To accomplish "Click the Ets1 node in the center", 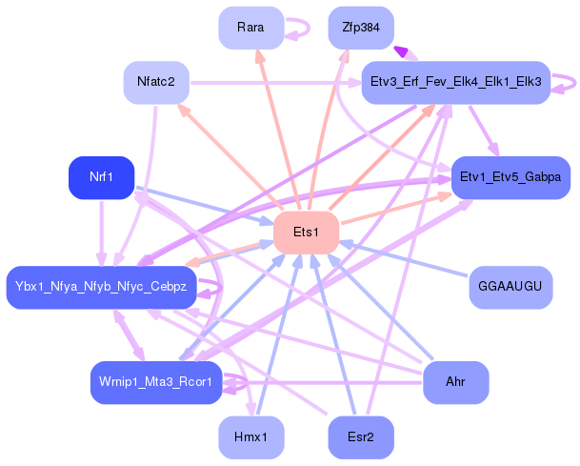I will [306, 233].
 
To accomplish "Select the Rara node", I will [250, 27].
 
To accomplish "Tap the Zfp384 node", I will [360, 28].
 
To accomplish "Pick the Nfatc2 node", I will [156, 82].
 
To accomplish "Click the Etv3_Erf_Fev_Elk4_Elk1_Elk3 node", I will [454, 83].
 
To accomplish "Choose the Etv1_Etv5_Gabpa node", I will [510, 177].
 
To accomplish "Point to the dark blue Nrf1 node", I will [101, 177].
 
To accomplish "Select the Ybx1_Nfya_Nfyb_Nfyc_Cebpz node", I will [101, 287].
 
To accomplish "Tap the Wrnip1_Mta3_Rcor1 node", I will [156, 382].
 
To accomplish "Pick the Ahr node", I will [455, 382].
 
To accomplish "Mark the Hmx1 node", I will [250, 437].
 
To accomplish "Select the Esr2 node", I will [360, 437].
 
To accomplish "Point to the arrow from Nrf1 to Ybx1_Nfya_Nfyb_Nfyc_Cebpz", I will [101, 229].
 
